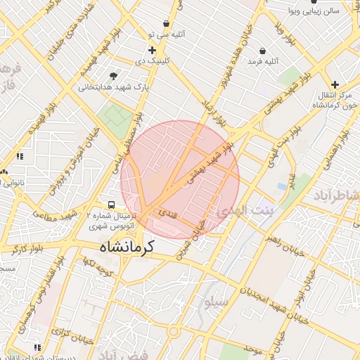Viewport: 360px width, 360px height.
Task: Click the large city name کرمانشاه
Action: (133, 247)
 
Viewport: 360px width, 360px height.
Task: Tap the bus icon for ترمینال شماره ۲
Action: (103, 201)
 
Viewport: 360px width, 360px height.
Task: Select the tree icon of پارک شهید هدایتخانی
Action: (113, 75)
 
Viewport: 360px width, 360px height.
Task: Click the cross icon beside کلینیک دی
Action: (152, 50)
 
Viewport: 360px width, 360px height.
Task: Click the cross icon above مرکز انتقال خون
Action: (335, 84)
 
